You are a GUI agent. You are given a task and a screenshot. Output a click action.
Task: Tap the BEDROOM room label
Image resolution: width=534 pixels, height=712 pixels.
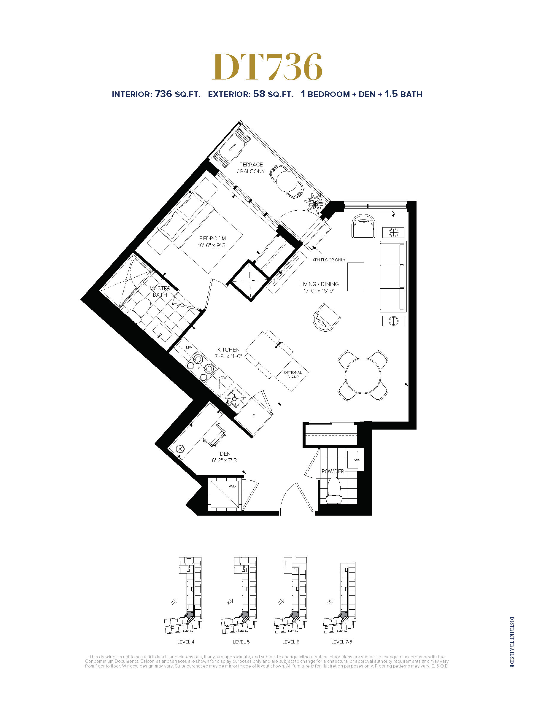pyautogui.click(x=212, y=239)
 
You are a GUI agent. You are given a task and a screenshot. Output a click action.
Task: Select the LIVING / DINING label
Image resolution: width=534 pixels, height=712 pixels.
pyautogui.click(x=319, y=284)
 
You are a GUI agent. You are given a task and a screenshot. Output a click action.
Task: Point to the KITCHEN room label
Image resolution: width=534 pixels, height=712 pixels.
pyautogui.click(x=228, y=349)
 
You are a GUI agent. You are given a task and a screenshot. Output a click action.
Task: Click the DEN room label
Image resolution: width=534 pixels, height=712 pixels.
pyautogui.click(x=225, y=454)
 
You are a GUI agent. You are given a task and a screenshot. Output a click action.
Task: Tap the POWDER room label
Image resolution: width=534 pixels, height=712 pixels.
pyautogui.click(x=333, y=471)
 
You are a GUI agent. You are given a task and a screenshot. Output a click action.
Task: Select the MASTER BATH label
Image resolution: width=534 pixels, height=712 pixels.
pyautogui.click(x=160, y=292)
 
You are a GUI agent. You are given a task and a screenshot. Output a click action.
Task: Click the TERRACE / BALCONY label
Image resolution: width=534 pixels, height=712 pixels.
pyautogui.click(x=251, y=168)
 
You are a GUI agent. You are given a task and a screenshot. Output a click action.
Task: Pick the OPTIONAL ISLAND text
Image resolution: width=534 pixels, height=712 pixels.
pyautogui.click(x=293, y=375)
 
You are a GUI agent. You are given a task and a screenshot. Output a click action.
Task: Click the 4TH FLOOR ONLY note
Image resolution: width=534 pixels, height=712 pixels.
pyautogui.click(x=329, y=260)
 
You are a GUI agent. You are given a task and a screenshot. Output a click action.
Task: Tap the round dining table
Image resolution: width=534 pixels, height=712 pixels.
pyautogui.click(x=363, y=376)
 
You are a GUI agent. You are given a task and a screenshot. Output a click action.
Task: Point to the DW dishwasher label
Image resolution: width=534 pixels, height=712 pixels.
pyautogui.click(x=224, y=378)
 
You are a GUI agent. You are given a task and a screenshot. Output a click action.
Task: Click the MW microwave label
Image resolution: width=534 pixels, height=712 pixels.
pyautogui.click(x=189, y=347)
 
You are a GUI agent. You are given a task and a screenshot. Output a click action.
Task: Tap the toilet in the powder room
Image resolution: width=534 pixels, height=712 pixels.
pyautogui.click(x=334, y=490)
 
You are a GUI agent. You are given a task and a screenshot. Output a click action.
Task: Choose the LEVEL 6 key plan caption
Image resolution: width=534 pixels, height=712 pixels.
pyautogui.click(x=291, y=642)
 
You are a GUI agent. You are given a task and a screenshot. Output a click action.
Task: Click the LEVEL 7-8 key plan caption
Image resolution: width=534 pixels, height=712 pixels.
pyautogui.click(x=341, y=642)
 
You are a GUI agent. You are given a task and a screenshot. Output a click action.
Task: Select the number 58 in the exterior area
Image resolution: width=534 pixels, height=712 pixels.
pyautogui.click(x=259, y=94)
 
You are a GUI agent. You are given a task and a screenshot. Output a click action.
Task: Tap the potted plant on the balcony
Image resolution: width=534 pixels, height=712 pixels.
pyautogui.click(x=314, y=203)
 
